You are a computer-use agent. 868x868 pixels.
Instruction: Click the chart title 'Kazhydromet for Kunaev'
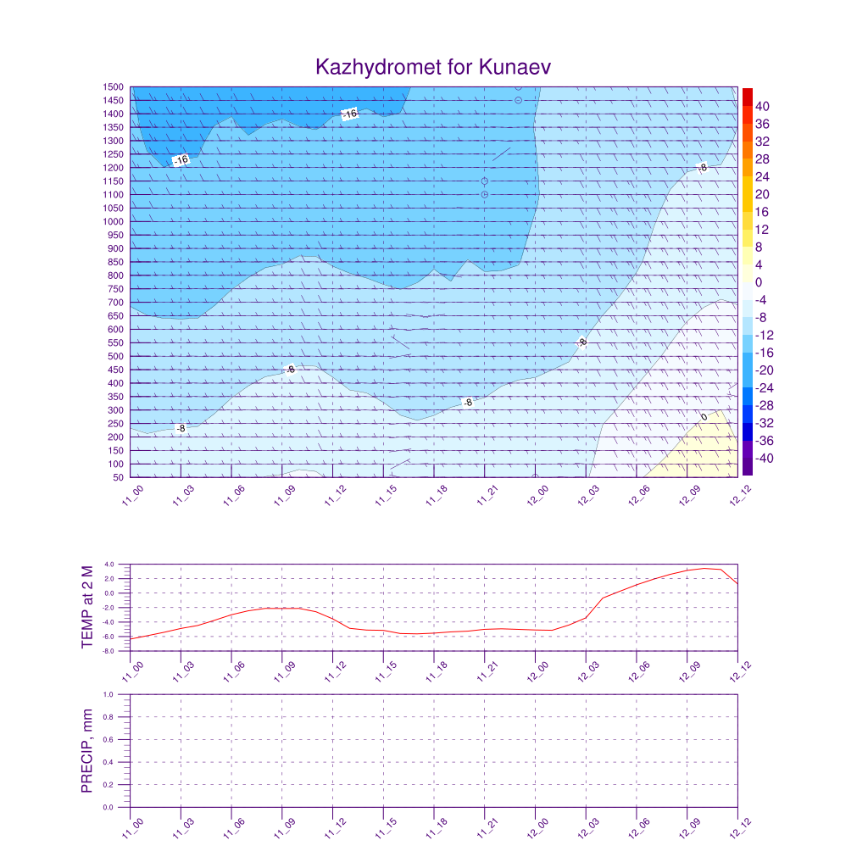click(434, 67)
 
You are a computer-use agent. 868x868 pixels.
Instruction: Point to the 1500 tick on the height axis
click(114, 87)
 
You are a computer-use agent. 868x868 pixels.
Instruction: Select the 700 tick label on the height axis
click(114, 303)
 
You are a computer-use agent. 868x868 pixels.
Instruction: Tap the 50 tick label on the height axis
click(118, 478)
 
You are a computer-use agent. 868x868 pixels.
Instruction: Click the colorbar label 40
click(763, 106)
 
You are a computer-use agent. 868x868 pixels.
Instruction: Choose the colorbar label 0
click(759, 282)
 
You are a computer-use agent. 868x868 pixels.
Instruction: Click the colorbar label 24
click(763, 176)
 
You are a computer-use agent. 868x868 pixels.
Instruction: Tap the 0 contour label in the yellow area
click(704, 417)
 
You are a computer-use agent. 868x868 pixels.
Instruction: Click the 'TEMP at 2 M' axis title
click(88, 607)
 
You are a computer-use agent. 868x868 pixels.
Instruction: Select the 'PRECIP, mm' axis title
click(88, 751)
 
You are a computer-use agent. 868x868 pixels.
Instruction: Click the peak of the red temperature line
click(704, 568)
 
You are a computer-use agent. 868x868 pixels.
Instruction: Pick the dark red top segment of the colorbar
click(747, 96)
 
